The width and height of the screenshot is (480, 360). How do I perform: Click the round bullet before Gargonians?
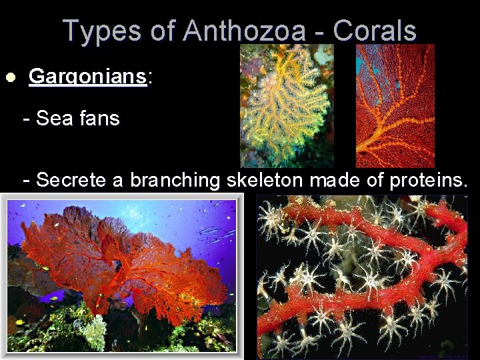[9, 77]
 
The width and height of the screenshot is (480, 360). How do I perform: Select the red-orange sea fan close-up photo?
[395, 105]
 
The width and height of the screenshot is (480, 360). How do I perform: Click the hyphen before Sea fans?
[27, 119]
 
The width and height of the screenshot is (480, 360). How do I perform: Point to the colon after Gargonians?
[149, 77]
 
